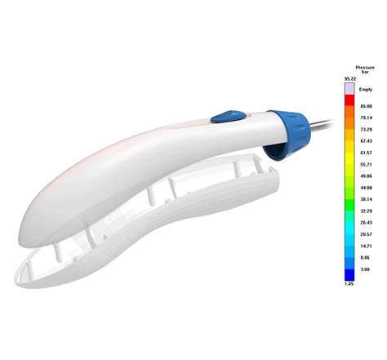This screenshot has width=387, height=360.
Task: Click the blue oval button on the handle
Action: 223,117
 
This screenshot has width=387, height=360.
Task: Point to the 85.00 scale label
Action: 365,106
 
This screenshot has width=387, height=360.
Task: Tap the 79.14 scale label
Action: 365,118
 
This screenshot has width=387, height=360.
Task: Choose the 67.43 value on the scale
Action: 365,140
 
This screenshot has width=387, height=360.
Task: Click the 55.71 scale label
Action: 365,164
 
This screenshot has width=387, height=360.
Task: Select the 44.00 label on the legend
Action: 365,187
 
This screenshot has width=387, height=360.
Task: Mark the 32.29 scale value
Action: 365,211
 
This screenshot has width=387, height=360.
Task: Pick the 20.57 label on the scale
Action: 365,233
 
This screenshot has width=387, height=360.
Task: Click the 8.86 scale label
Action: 365,257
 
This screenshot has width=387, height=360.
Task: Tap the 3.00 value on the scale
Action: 365,269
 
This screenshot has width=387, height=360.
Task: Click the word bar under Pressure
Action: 364,72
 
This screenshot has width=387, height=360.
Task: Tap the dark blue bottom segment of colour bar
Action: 349,273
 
